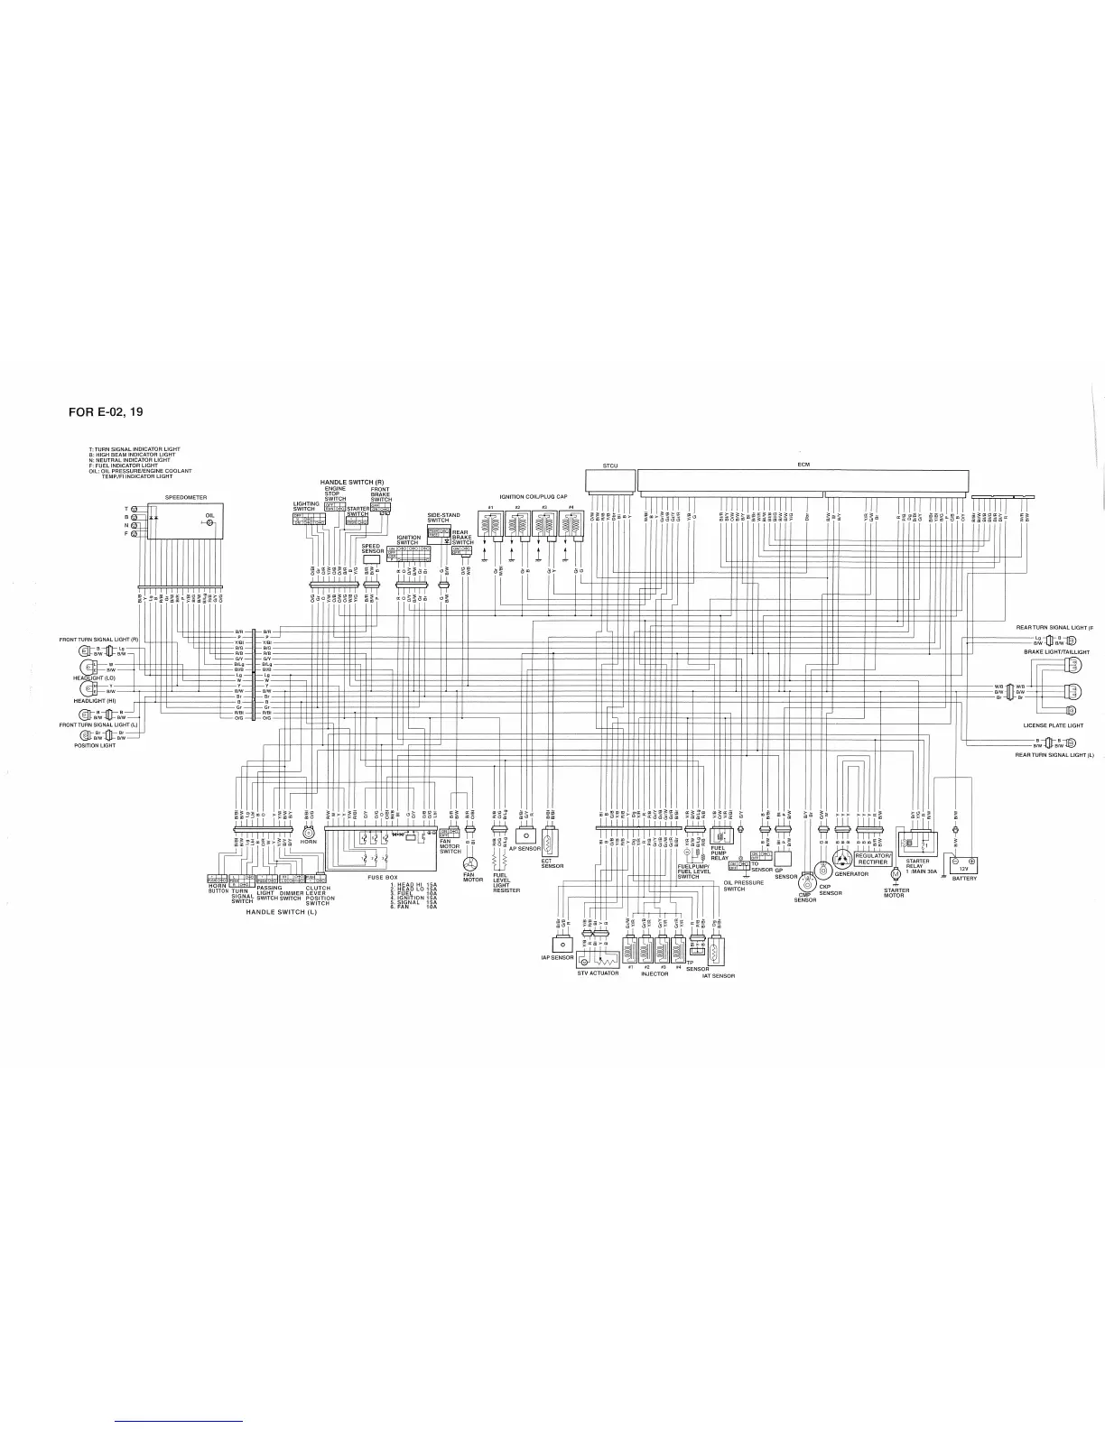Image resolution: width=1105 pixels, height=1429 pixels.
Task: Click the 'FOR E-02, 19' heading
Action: tap(106, 412)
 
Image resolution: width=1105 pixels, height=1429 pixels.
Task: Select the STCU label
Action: tap(609, 466)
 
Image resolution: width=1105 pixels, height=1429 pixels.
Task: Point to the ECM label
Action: tap(803, 464)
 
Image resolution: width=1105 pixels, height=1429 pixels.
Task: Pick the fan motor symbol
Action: tap(469, 864)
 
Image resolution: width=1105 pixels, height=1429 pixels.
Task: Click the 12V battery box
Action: tap(963, 867)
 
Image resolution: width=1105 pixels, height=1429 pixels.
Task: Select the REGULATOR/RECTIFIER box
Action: tap(873, 860)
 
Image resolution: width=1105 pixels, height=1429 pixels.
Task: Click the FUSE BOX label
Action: tap(382, 877)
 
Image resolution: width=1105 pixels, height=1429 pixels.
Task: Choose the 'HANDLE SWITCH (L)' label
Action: tap(282, 912)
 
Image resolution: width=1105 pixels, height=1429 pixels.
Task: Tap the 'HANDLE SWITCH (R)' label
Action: tap(352, 483)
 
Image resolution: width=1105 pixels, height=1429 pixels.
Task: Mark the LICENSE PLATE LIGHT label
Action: tap(1053, 725)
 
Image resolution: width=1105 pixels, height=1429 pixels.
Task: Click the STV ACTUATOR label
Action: tap(598, 973)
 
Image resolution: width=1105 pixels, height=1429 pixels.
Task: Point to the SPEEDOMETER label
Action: tap(186, 497)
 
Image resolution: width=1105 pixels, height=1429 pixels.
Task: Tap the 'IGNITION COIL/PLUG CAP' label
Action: tap(534, 497)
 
